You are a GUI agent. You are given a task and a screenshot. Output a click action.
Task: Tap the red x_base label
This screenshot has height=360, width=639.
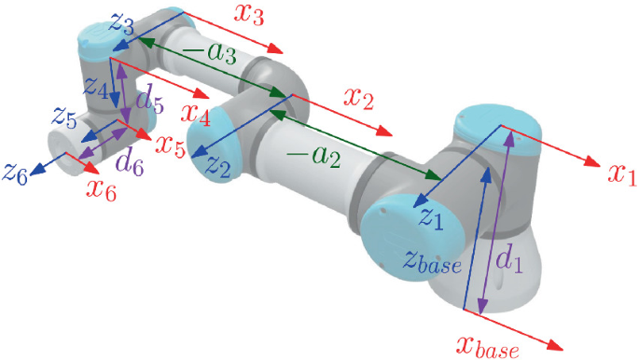tap(488, 345)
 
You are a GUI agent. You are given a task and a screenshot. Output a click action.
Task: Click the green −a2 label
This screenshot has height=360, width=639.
tap(313, 156)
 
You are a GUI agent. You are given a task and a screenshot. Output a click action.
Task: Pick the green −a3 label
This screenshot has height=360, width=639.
tap(210, 53)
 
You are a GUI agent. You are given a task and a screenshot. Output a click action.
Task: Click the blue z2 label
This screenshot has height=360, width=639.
tap(218, 166)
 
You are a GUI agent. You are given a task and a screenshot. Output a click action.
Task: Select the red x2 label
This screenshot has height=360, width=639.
tap(358, 98)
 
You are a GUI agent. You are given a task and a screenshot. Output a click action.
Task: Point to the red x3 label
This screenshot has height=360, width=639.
tap(249, 16)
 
